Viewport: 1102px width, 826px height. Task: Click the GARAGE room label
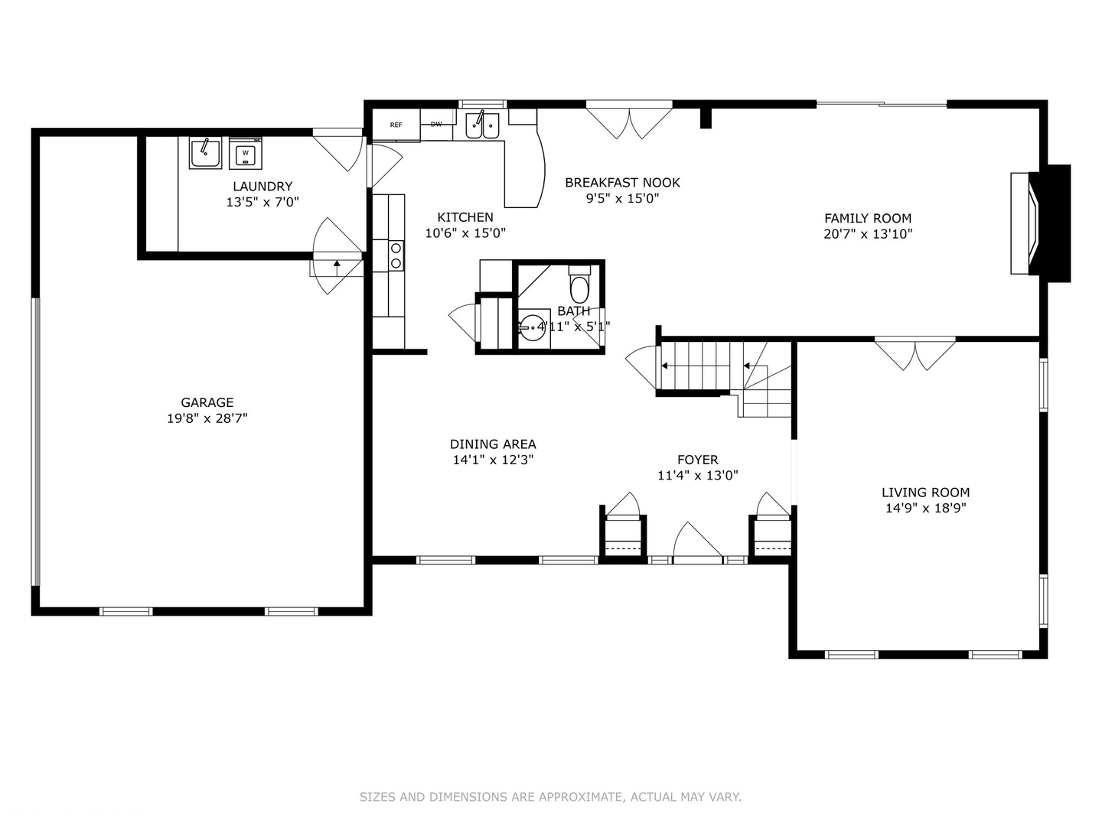pyautogui.click(x=207, y=402)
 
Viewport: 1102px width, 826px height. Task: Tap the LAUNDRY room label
pyautogui.click(x=262, y=186)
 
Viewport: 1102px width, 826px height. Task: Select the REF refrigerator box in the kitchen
pyautogui.click(x=396, y=125)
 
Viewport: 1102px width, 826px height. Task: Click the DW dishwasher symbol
pyautogui.click(x=436, y=124)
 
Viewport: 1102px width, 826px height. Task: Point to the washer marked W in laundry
pyautogui.click(x=245, y=153)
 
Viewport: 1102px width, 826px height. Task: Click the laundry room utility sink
pyautogui.click(x=205, y=153)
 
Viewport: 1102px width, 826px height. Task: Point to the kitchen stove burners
pyautogui.click(x=396, y=255)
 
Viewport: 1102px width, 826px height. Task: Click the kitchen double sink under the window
pyautogui.click(x=482, y=125)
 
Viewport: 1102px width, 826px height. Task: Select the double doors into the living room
pyautogui.click(x=915, y=353)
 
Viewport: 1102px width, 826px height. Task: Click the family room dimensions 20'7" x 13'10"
pyautogui.click(x=868, y=234)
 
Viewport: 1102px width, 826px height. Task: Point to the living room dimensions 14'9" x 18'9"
pyautogui.click(x=925, y=508)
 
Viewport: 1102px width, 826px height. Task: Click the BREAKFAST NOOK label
pyautogui.click(x=622, y=182)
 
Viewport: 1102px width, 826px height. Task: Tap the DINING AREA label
pyautogui.click(x=493, y=444)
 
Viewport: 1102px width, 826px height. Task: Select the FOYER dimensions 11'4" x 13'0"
pyautogui.click(x=697, y=476)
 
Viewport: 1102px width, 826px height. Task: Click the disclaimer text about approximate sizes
pyautogui.click(x=550, y=797)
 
